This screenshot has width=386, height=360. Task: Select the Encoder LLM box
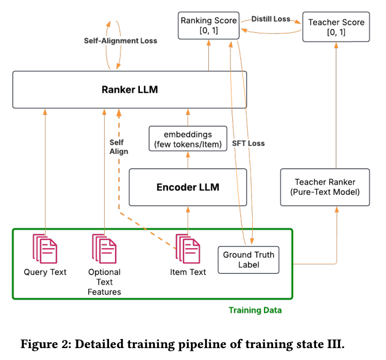click(x=188, y=187)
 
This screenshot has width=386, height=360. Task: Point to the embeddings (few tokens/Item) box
click(x=188, y=139)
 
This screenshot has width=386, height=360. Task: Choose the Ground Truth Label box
click(x=249, y=260)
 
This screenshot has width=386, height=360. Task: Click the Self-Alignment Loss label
click(x=120, y=41)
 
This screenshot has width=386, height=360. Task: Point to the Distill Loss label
click(x=272, y=19)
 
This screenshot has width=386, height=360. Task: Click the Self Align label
click(x=119, y=147)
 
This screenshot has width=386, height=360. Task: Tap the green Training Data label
click(x=255, y=310)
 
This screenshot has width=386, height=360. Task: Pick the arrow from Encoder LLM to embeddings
click(x=188, y=160)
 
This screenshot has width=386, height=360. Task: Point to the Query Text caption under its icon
click(x=45, y=272)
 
